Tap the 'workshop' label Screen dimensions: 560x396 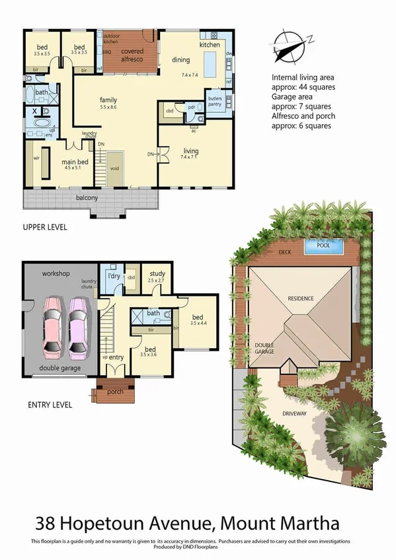tap(56, 272)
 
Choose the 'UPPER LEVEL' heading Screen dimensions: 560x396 tap(44, 227)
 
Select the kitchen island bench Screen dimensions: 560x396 tap(210, 64)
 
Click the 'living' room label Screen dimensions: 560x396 tap(190, 151)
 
